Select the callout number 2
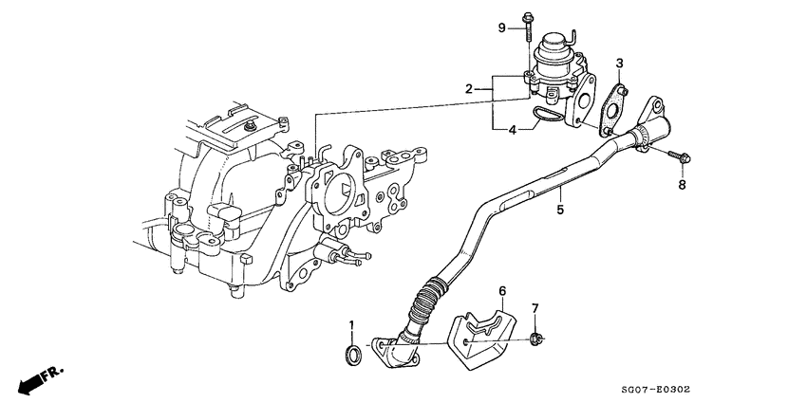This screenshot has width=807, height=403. pos(469,88)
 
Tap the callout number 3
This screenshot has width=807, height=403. pos(619,64)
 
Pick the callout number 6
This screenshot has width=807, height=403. pos(502,290)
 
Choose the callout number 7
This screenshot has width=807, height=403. pos(535,309)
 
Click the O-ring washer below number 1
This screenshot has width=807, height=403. pos(351,357)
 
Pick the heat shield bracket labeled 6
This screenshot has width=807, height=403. pos(480,338)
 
